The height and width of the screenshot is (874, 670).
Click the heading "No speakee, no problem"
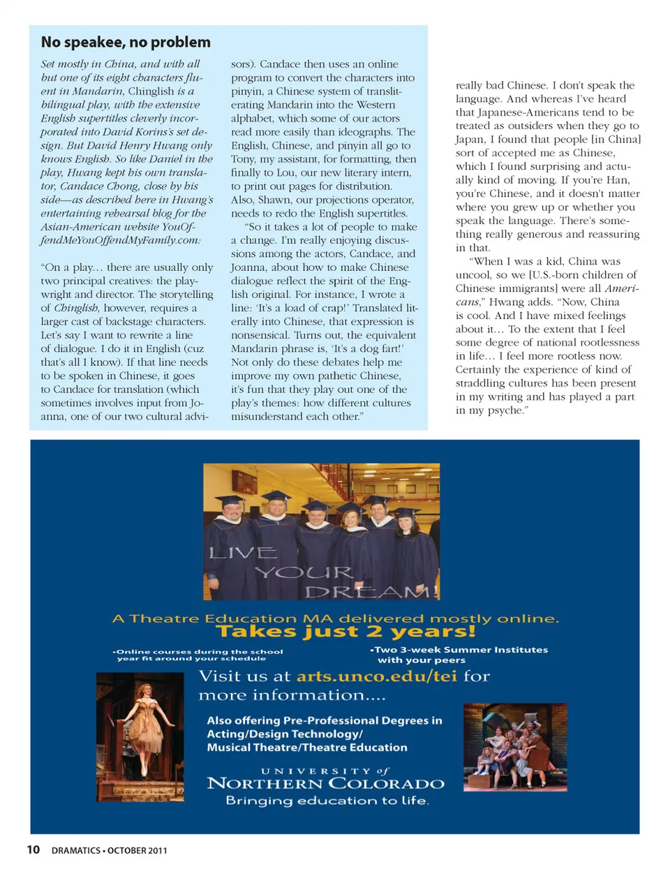pos(126,43)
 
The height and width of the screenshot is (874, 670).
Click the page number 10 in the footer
pos(33,850)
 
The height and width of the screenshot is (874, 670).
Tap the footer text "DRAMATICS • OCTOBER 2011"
pos(109,850)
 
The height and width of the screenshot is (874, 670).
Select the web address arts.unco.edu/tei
pos(377,676)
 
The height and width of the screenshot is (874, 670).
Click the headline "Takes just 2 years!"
pos(345,632)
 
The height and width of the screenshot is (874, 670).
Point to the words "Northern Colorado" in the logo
pos(325,784)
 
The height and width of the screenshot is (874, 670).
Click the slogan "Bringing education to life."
pos(327,801)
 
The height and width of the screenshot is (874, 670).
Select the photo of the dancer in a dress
pos(140,727)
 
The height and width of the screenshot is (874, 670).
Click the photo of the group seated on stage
pos(515,746)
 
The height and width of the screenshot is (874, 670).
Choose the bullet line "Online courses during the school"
pos(200,651)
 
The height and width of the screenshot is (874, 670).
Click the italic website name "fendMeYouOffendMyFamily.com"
pos(119,240)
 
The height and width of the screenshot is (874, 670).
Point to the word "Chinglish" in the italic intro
pos(151,91)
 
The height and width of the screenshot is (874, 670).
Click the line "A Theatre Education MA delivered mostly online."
pos(336,619)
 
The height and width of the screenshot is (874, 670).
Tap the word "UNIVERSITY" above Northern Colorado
pos(316,771)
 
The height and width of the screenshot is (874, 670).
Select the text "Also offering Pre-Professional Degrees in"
pos(325,720)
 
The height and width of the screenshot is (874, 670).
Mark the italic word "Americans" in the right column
pos(621,288)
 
